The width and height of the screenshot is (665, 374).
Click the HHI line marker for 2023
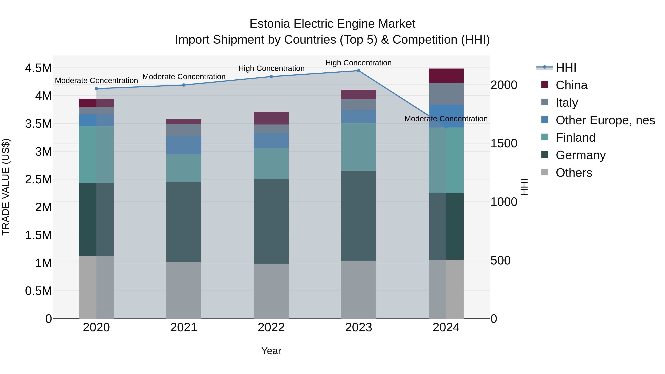click(x=359, y=71)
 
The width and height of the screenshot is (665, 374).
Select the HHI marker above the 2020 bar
click(x=96, y=88)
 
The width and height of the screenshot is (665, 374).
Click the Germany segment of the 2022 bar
click(x=271, y=221)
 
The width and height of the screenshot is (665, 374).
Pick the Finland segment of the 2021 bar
click(x=184, y=168)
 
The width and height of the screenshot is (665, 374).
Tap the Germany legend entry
click(x=580, y=155)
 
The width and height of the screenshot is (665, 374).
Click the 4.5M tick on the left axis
click(x=38, y=68)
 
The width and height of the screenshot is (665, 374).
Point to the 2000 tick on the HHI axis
click(x=504, y=85)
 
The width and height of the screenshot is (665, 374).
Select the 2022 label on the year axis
click(x=271, y=327)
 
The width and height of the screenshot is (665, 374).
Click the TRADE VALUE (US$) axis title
click(x=6, y=187)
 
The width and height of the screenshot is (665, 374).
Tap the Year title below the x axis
click(x=271, y=351)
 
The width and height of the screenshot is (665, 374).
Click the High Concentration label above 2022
click(x=271, y=68)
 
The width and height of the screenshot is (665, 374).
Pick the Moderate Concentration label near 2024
click(x=446, y=119)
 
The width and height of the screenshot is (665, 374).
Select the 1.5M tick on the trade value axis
click(x=38, y=235)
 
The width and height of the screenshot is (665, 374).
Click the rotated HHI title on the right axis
click(x=524, y=187)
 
